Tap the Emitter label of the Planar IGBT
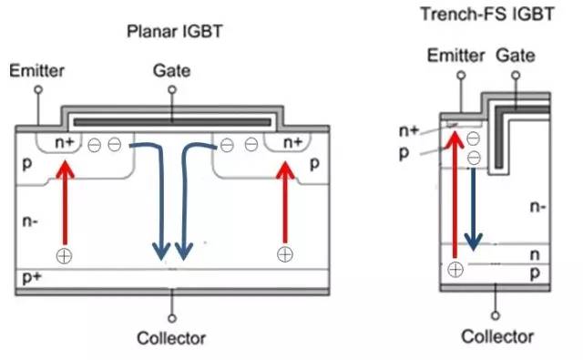34,70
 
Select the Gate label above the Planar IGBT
171,70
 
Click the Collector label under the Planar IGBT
171,338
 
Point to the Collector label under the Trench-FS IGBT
496,336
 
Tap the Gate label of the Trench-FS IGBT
517,57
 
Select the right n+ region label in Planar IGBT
291,142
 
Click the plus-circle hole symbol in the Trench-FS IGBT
455,269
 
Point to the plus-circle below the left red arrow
64,254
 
